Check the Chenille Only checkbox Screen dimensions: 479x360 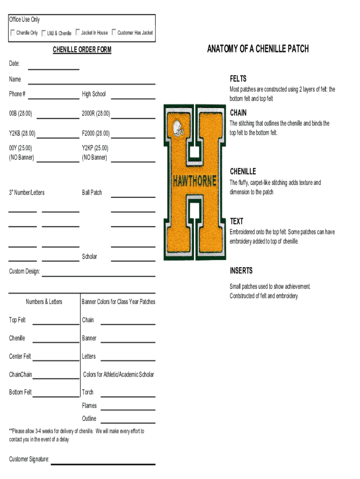13,33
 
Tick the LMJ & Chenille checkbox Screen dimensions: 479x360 43,33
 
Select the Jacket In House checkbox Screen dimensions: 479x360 77,33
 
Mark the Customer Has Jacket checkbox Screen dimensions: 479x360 114,33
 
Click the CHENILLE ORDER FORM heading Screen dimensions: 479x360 82,50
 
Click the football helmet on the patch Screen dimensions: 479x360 178,128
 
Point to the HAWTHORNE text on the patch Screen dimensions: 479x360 194,181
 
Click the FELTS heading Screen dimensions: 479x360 238,79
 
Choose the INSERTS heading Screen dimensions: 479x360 241,271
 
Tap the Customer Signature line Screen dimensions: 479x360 103,463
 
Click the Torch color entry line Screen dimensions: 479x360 128,396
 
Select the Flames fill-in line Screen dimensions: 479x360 128,409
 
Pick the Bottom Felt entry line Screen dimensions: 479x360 56,396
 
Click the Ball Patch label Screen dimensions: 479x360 92,192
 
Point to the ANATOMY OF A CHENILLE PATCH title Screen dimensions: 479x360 258,49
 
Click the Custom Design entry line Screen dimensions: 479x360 98,275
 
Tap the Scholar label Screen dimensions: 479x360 90,256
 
